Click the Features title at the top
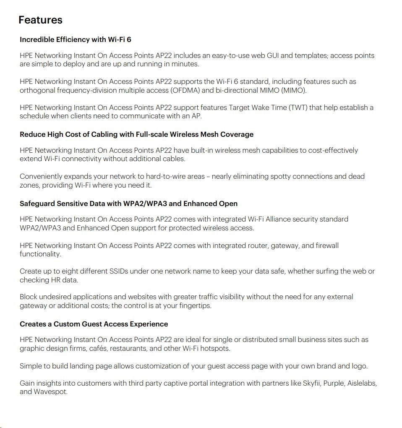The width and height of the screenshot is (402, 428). click(x=40, y=20)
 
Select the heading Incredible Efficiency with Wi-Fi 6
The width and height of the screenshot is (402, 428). click(x=76, y=39)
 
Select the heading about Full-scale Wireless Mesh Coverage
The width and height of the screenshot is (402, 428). click(x=136, y=134)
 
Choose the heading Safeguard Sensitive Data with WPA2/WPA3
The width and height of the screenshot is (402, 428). click(x=128, y=204)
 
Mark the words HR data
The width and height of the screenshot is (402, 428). click(x=65, y=280)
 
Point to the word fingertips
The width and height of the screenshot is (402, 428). click(x=194, y=305)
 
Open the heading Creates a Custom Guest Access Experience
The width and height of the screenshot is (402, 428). click(x=94, y=324)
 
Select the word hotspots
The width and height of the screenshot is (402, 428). click(x=215, y=348)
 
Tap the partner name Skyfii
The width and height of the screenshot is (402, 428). click(x=314, y=383)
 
